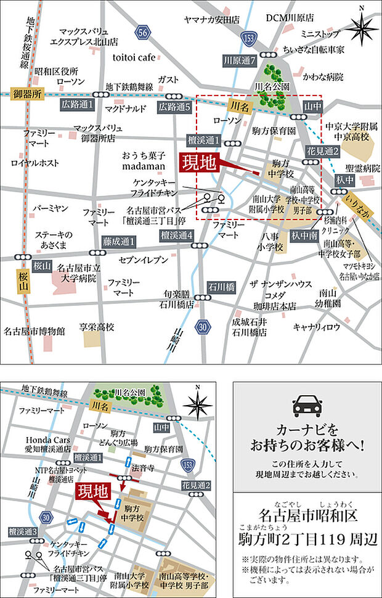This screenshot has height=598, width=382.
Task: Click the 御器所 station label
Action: click(x=28, y=95)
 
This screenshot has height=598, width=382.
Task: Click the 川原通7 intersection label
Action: click(x=240, y=61)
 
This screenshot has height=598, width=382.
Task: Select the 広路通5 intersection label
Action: click(x=176, y=107)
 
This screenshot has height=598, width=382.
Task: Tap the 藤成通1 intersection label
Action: click(x=120, y=240)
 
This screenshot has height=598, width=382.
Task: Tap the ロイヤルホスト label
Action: click(x=35, y=163)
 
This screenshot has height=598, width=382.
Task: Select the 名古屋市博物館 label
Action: click(x=34, y=331)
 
